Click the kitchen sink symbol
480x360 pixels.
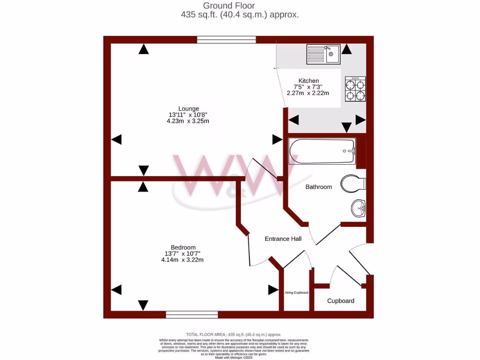tap(323, 54)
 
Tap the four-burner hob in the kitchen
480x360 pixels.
tap(355, 89)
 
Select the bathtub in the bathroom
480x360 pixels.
tap(322, 151)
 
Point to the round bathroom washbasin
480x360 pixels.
tap(359, 207)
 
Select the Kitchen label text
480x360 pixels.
tap(308, 81)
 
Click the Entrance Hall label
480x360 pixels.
tap(283, 239)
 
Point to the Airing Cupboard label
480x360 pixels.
tap(297, 292)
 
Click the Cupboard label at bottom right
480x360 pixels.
tap(341, 300)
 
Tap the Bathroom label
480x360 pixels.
tap(319, 187)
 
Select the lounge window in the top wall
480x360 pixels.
tap(226, 40)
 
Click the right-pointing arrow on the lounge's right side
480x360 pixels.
tap(277, 139)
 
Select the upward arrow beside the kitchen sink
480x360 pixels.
tap(346, 49)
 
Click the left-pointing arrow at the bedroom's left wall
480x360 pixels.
tap(116, 290)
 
